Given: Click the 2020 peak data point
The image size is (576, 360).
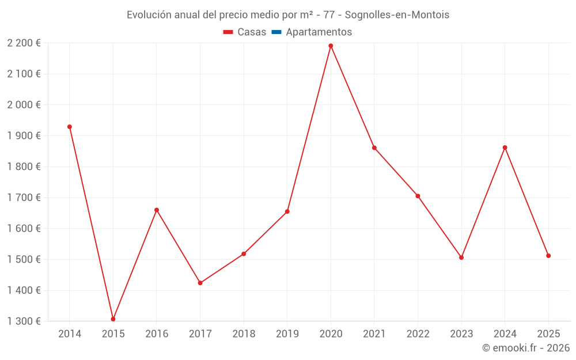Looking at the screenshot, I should click(x=331, y=46).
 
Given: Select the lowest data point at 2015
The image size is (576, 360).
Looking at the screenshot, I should click(x=113, y=319).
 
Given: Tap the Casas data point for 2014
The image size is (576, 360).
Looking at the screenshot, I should click(x=70, y=127).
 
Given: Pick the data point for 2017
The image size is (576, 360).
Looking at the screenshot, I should click(x=200, y=283).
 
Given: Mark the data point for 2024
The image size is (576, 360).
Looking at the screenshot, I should click(x=505, y=147).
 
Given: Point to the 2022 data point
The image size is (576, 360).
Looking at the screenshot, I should click(x=418, y=196).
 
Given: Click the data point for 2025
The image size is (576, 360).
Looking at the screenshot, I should click(x=548, y=256).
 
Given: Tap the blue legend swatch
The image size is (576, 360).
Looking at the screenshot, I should click(x=276, y=32).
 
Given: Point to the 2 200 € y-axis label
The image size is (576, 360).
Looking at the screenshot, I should click(x=24, y=43).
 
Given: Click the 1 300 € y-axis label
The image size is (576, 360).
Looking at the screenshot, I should click(x=24, y=321).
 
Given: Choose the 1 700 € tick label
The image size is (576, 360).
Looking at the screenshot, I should click(x=24, y=198).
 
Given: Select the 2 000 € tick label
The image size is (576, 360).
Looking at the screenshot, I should click(x=24, y=105).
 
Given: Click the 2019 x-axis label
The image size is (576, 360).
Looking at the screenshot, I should click(x=287, y=334).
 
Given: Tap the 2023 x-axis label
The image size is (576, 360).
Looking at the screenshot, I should click(x=461, y=334).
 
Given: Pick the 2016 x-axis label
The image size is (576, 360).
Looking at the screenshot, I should click(x=157, y=334).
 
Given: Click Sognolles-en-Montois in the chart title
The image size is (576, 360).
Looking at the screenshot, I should click(x=397, y=15).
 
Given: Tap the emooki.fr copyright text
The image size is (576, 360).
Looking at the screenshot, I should click(x=525, y=348).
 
